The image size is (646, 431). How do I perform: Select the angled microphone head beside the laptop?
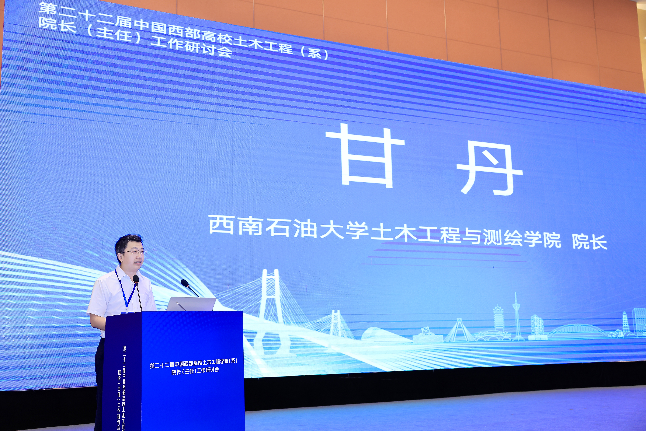point(185,283)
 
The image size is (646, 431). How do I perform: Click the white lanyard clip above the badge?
point(127,309)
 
